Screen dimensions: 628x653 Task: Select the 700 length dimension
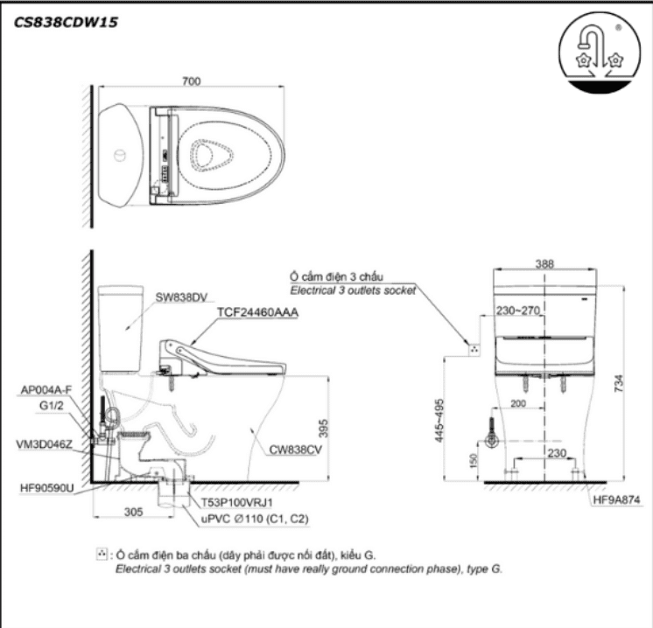point(193,81)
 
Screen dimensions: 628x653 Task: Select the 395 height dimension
point(322,427)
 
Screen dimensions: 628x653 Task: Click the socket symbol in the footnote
point(102,554)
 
